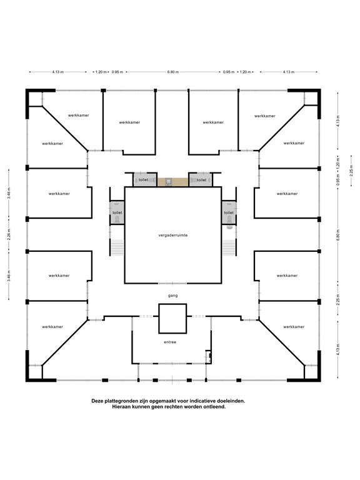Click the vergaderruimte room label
pos(173,235)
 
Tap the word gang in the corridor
pos(173,294)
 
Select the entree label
pos(170,342)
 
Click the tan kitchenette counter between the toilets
pos(172,181)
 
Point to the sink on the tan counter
pos(169,181)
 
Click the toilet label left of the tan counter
pos(144,180)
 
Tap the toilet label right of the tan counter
pos(201,180)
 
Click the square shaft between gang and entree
pos(172,318)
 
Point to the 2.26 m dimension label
pos(9,235)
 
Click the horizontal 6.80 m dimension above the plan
pos(173,72)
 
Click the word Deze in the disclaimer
pos(99,400)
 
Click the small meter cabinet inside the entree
pos(208,357)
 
